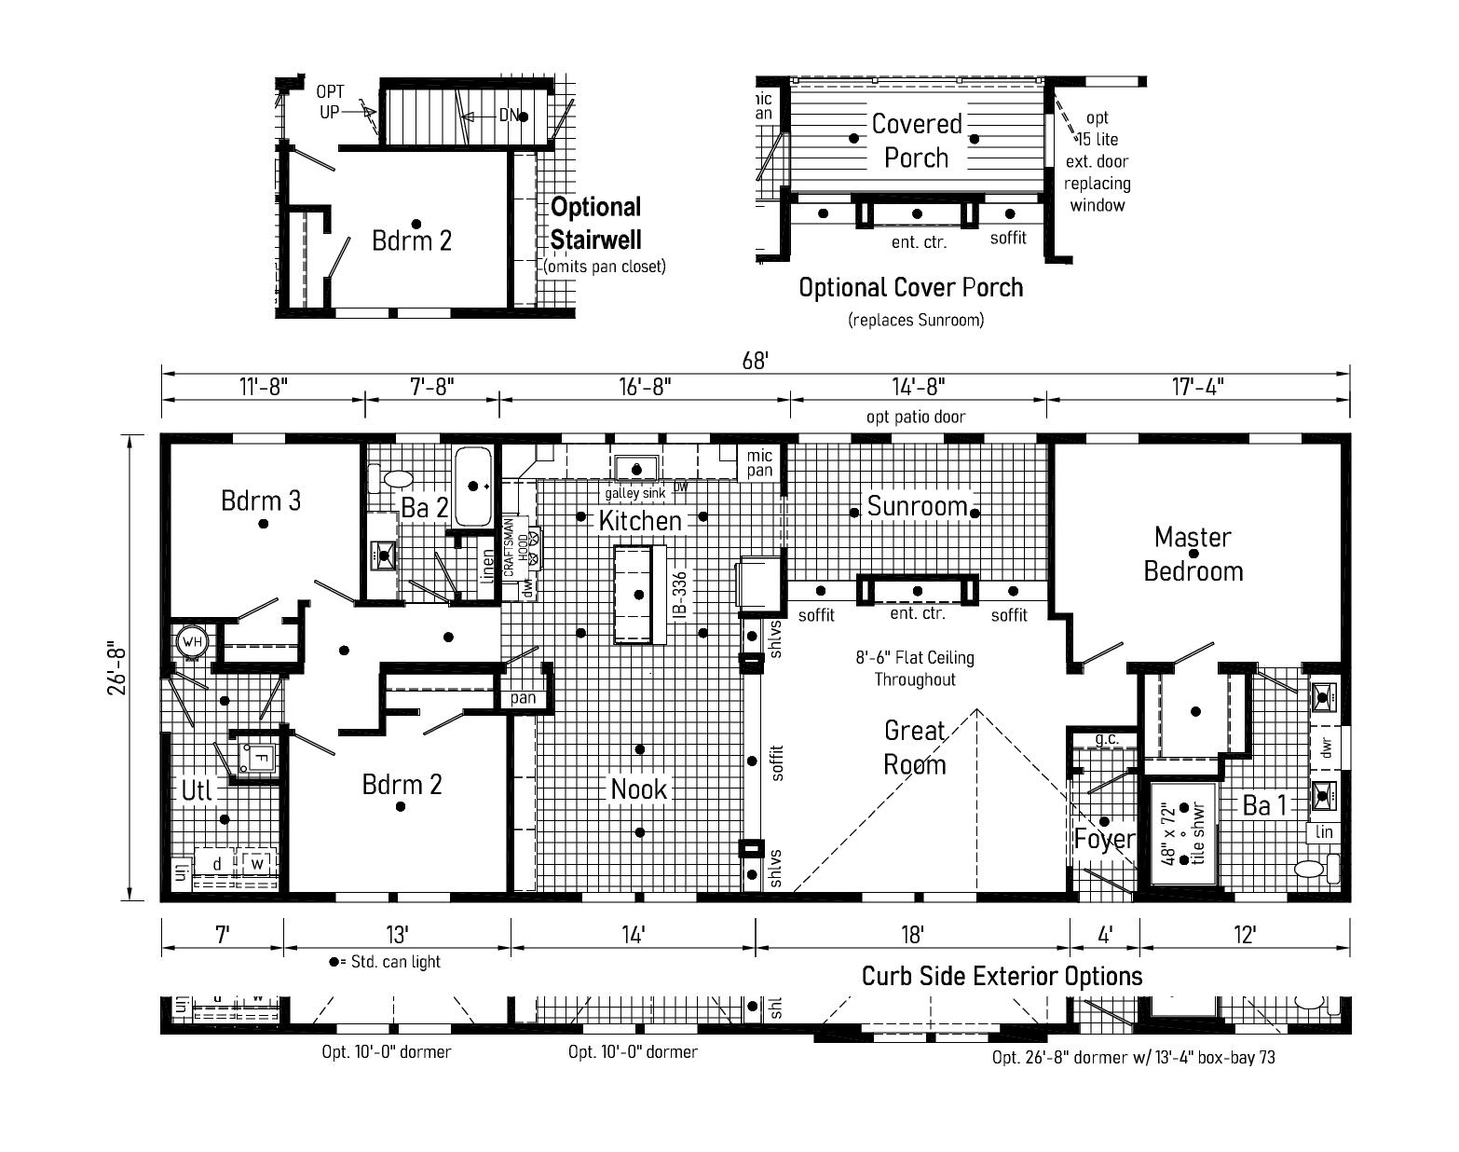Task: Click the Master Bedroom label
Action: click(1193, 554)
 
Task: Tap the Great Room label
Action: click(914, 747)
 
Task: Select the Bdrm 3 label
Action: click(261, 501)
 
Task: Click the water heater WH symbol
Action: click(192, 641)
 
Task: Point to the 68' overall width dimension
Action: click(755, 361)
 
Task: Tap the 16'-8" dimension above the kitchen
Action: click(644, 386)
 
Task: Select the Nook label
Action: click(639, 789)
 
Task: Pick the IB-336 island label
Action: click(680, 597)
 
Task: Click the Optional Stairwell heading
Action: click(596, 223)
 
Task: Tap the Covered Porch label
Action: click(916, 141)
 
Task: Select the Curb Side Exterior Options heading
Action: click(1002, 976)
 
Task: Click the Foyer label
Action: click(1104, 839)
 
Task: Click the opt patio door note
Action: click(916, 417)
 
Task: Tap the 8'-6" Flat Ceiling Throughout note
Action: click(915, 668)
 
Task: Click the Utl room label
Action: click(197, 790)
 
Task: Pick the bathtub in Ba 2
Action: click(474, 485)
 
